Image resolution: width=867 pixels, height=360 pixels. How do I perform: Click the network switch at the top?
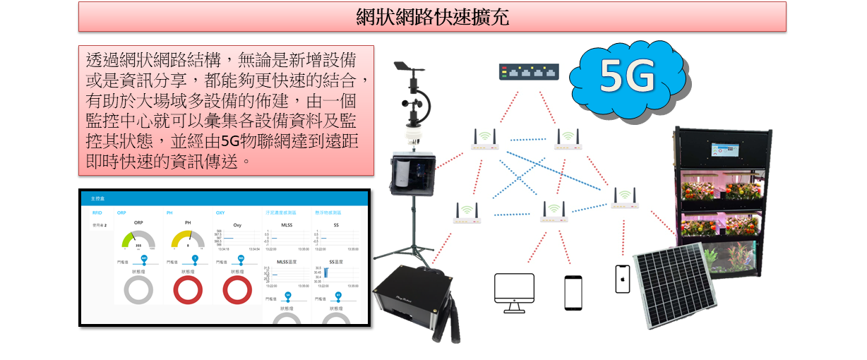529,71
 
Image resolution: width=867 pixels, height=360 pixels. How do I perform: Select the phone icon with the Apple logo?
622,279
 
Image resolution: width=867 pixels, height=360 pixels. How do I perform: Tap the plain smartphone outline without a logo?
573,292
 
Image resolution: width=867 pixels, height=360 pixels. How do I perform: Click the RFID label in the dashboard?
97,212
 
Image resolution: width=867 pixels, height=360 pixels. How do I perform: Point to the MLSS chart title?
287,224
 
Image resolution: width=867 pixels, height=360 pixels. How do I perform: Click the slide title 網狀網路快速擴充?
432,17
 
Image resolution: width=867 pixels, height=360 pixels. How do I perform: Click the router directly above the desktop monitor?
554,210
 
